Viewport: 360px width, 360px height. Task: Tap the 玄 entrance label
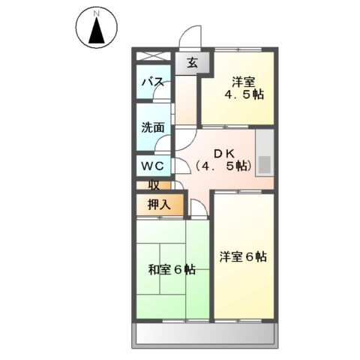[192, 64]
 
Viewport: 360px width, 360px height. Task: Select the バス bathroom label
[154, 82]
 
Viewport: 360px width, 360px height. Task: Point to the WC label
[154, 164]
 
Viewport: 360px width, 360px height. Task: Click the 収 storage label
[154, 184]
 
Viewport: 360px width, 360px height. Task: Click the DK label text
[222, 150]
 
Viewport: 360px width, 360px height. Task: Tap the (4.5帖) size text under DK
[222, 166]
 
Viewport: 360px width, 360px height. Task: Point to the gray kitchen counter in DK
[265, 154]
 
